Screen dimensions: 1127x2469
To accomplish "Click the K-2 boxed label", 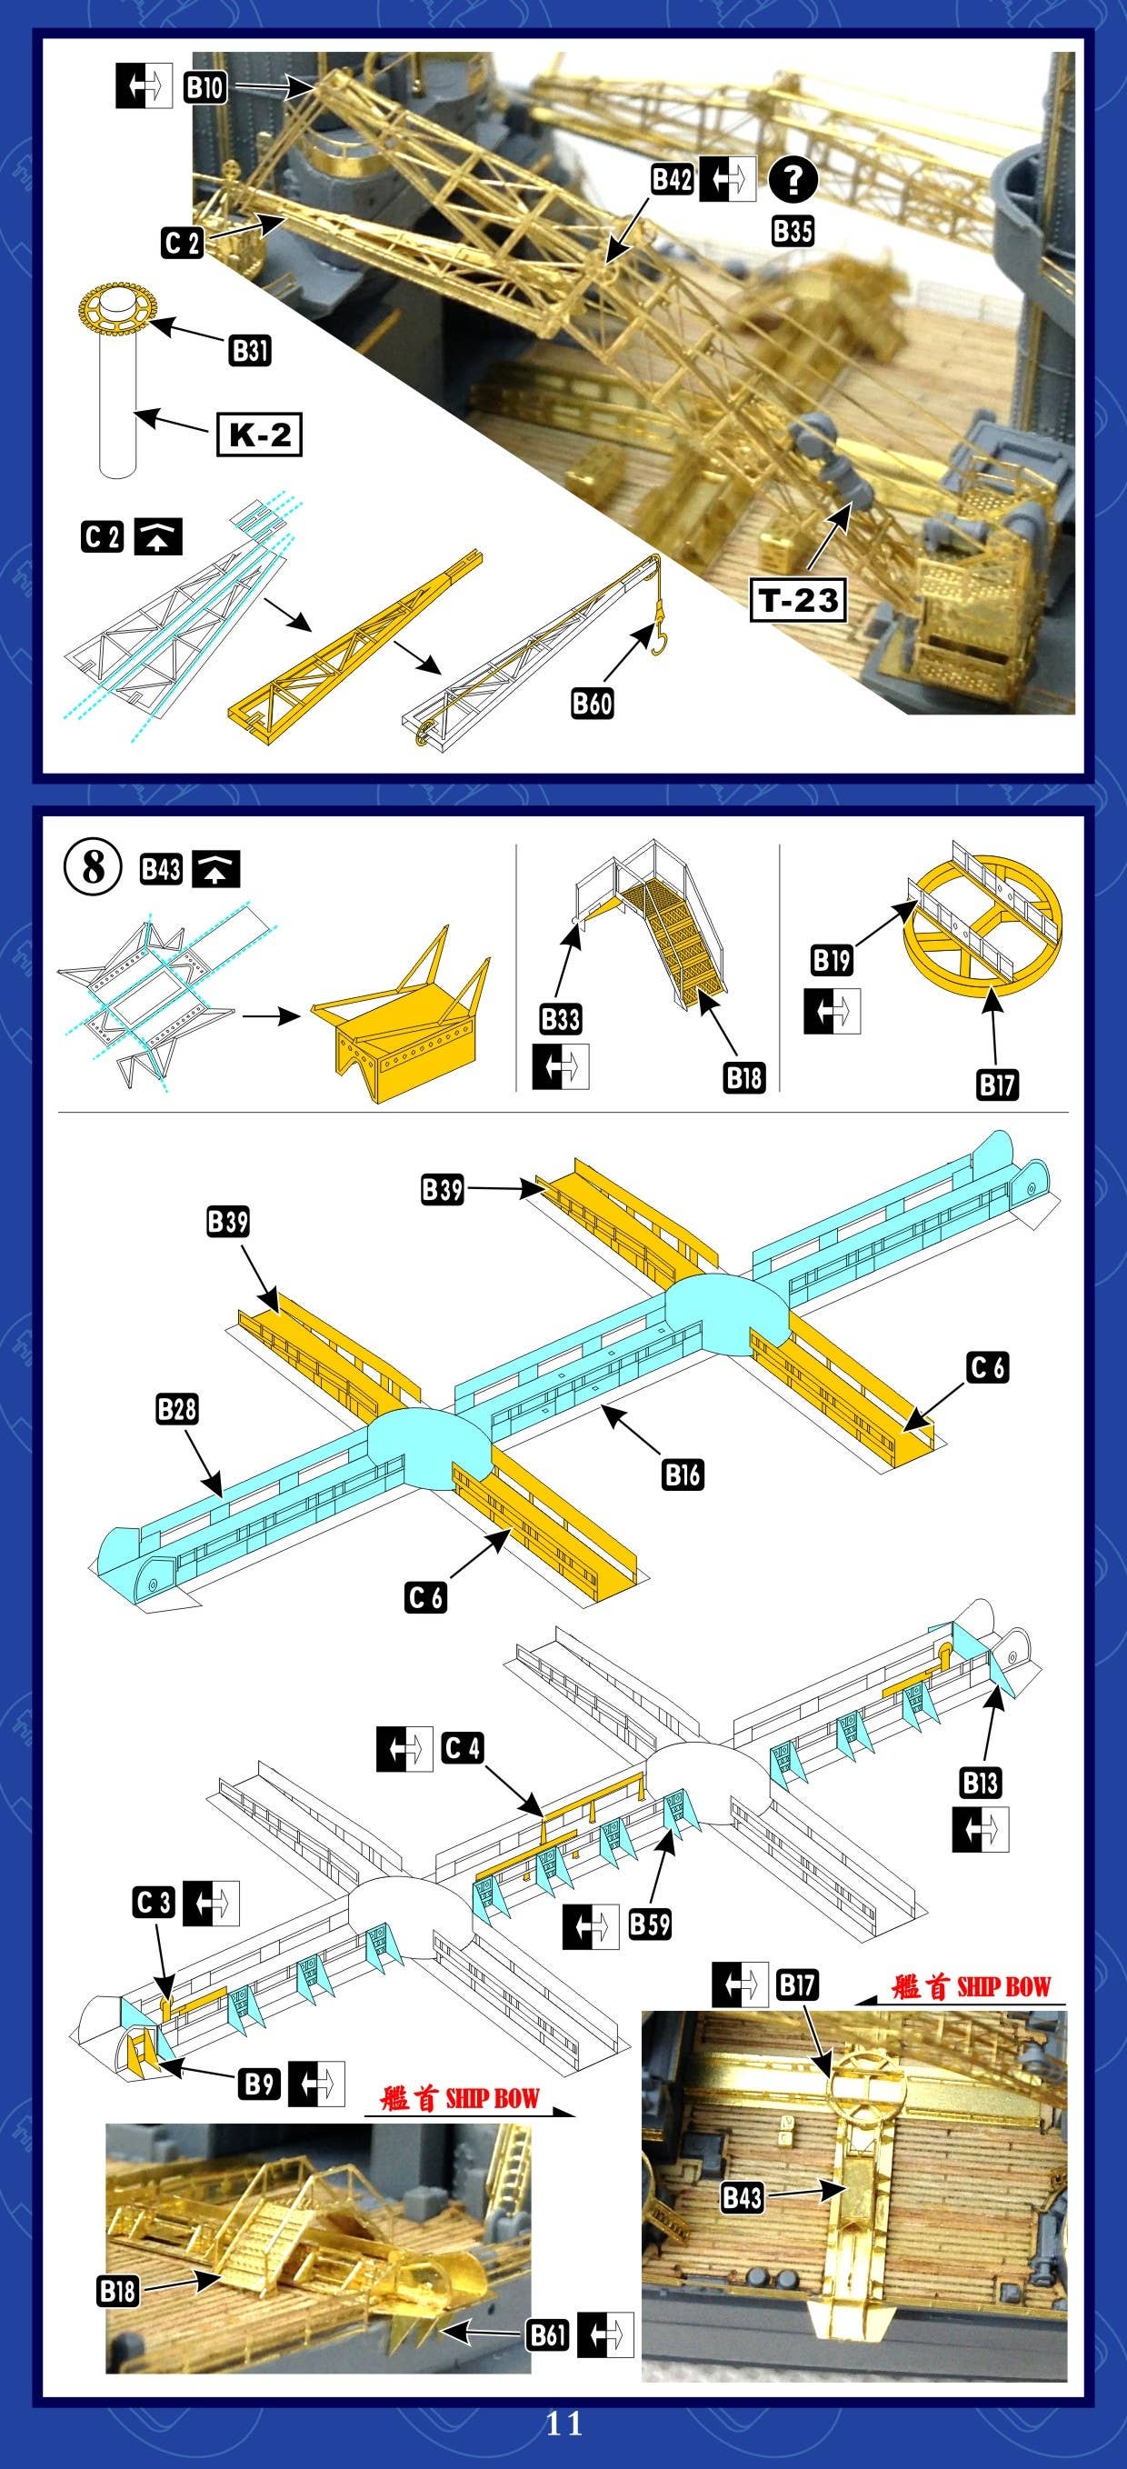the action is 259,435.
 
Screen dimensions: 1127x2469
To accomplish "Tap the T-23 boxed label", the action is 798,600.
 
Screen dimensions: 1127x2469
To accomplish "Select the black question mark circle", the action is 793,181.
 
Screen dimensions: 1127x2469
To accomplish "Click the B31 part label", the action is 250,350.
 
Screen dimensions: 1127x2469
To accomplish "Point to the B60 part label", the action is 592,703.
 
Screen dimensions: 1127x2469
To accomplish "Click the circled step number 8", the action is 93,868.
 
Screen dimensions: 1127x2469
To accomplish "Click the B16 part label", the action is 683,1474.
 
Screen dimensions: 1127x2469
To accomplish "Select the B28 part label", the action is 176,1409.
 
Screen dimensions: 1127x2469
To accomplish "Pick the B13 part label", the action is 981,1783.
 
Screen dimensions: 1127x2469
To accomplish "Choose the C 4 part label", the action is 462,1749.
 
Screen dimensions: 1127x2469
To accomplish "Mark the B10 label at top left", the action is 204,88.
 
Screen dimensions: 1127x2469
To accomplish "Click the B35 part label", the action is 793,231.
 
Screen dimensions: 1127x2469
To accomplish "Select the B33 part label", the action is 561,1019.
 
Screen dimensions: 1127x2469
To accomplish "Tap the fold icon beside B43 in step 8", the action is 216,869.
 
